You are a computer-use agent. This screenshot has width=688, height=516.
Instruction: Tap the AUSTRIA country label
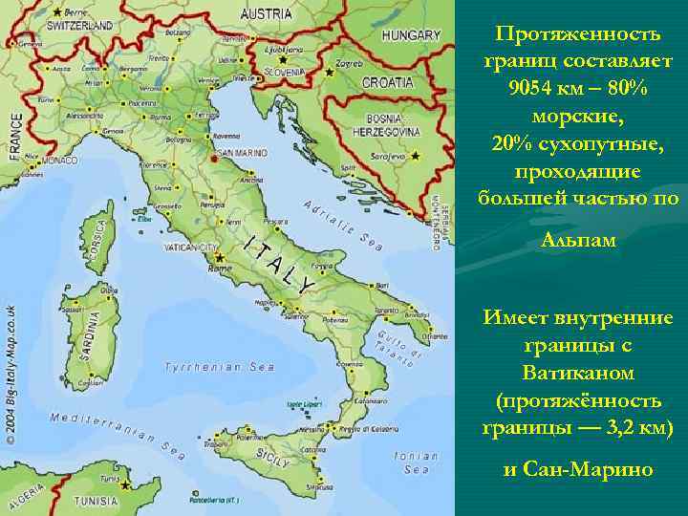click(x=266, y=13)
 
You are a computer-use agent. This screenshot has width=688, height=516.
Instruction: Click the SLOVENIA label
click(x=285, y=72)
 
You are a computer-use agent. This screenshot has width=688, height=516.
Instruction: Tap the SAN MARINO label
click(x=241, y=153)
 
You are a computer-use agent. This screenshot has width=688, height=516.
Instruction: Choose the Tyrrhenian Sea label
click(x=219, y=366)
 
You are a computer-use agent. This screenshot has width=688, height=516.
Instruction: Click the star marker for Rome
click(x=219, y=256)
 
